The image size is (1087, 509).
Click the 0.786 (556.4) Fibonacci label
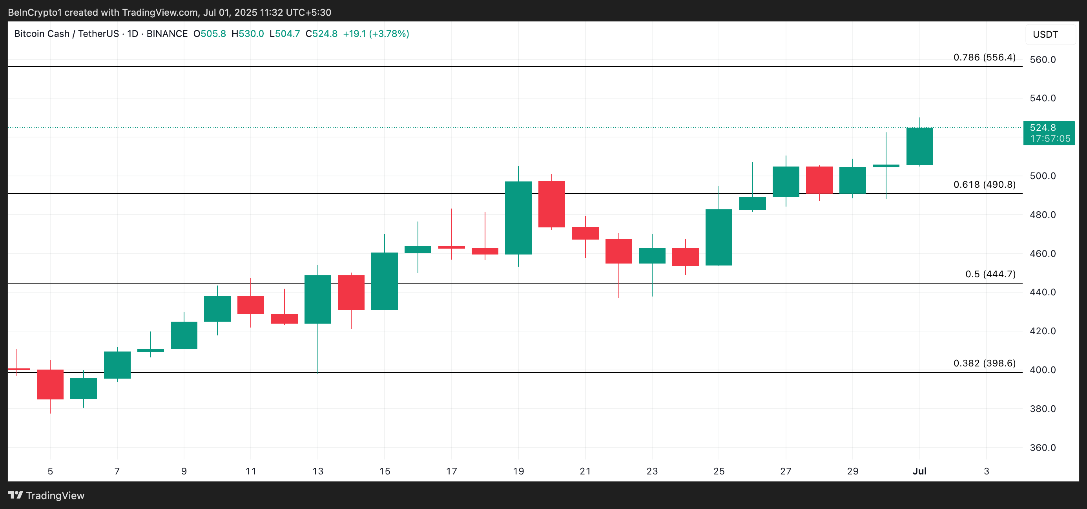(x=984, y=57)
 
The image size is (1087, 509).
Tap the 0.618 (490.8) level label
(x=984, y=185)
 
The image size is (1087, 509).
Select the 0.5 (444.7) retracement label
(x=990, y=274)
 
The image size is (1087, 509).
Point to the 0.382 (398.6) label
(x=984, y=363)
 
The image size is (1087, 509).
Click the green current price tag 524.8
(x=1049, y=133)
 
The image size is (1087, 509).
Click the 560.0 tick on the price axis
(x=1042, y=60)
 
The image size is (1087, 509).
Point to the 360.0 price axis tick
(x=1042, y=447)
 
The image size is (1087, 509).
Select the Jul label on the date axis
(x=919, y=471)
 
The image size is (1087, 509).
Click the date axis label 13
(x=318, y=471)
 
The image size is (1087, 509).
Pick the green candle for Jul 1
(x=919, y=146)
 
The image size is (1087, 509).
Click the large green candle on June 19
(x=518, y=218)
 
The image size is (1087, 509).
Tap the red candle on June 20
(x=551, y=204)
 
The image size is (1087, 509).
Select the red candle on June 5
(x=50, y=384)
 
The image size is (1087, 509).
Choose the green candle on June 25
(x=719, y=237)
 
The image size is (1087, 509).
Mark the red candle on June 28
(x=819, y=180)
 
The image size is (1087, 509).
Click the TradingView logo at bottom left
(x=46, y=495)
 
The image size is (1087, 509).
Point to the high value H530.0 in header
(x=248, y=34)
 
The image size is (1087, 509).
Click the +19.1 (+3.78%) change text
(x=376, y=34)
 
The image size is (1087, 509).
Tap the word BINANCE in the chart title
(x=167, y=34)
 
